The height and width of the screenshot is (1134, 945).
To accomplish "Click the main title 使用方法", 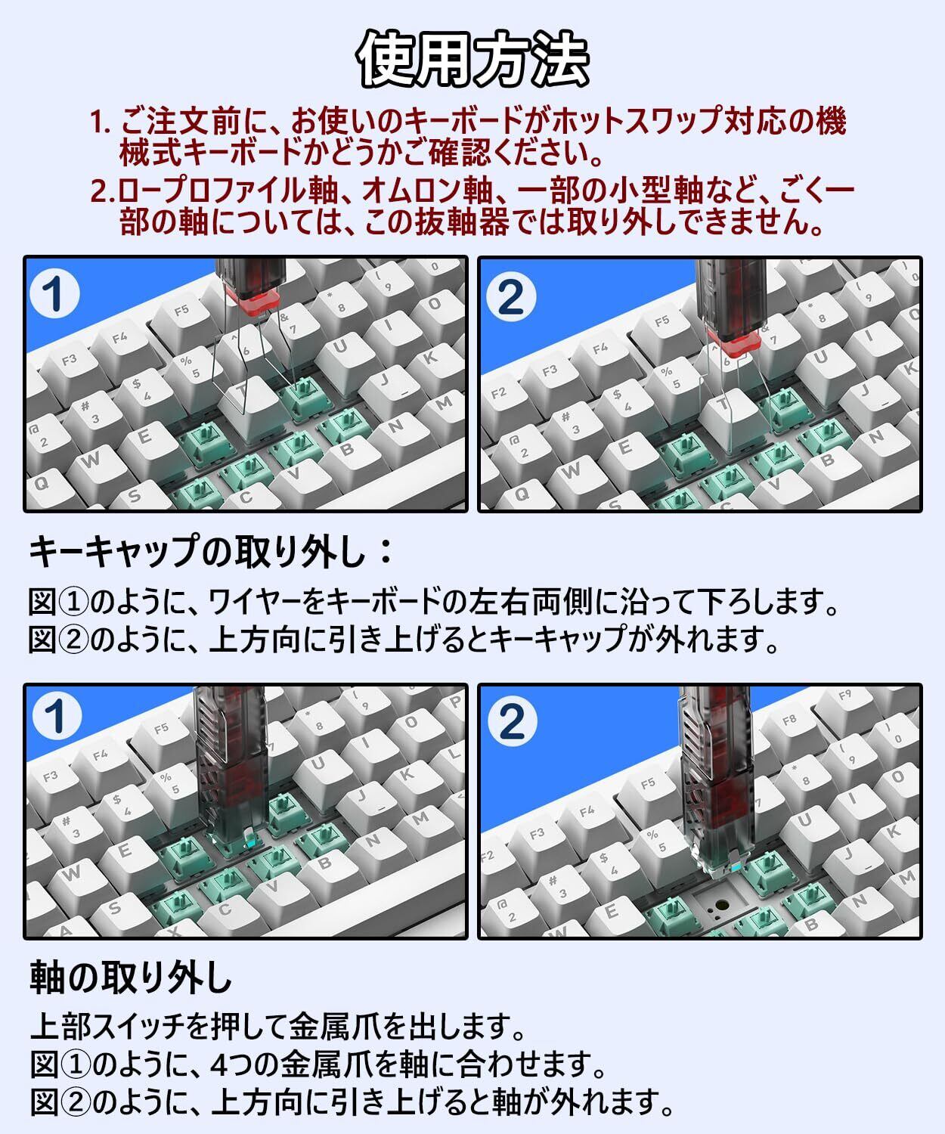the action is (x=472, y=59).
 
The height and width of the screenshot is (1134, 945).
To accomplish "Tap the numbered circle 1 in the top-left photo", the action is (x=54, y=293).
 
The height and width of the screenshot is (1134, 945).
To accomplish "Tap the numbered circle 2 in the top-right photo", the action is (x=511, y=297).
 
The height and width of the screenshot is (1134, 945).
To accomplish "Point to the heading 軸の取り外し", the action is (x=131, y=977).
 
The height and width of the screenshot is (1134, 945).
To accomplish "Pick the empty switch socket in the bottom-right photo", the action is (x=722, y=905).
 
